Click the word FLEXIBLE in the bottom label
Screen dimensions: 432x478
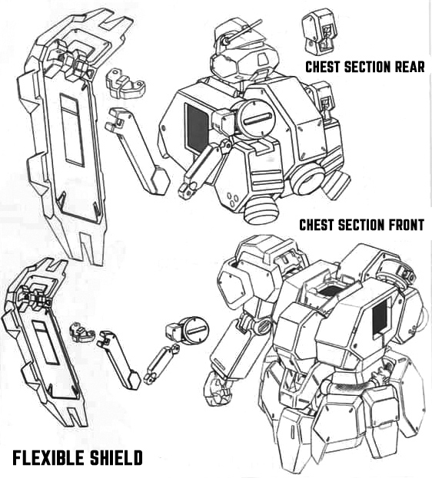(48, 458)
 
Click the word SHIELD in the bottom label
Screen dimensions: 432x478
(116, 458)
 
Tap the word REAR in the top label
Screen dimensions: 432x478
(410, 67)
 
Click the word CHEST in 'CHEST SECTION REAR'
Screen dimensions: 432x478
(323, 67)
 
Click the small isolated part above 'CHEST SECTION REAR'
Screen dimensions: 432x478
(318, 31)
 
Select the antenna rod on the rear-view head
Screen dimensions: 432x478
(242, 31)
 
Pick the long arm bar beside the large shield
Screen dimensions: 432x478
(137, 151)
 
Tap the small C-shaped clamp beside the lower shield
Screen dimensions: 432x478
(82, 332)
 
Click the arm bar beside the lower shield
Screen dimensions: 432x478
(118, 360)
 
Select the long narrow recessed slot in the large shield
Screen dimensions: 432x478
(72, 130)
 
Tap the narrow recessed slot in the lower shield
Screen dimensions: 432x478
(45, 342)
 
